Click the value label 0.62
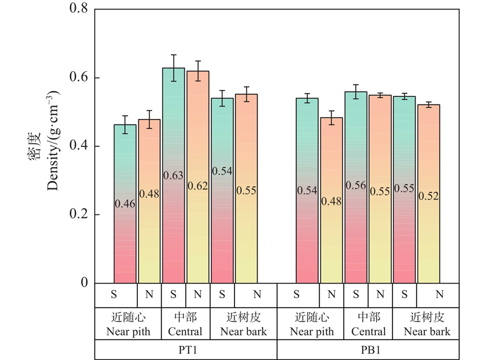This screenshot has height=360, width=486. (198, 186)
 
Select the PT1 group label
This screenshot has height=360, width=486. (186, 350)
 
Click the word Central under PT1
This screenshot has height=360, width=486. (185, 332)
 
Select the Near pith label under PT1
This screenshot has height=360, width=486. (128, 332)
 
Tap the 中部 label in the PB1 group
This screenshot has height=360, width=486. (368, 318)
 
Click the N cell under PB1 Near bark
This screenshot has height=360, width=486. (439, 295)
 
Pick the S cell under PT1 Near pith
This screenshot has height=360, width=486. (114, 295)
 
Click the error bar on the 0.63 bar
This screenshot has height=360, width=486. (174, 67)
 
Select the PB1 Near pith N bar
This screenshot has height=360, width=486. (331, 200)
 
